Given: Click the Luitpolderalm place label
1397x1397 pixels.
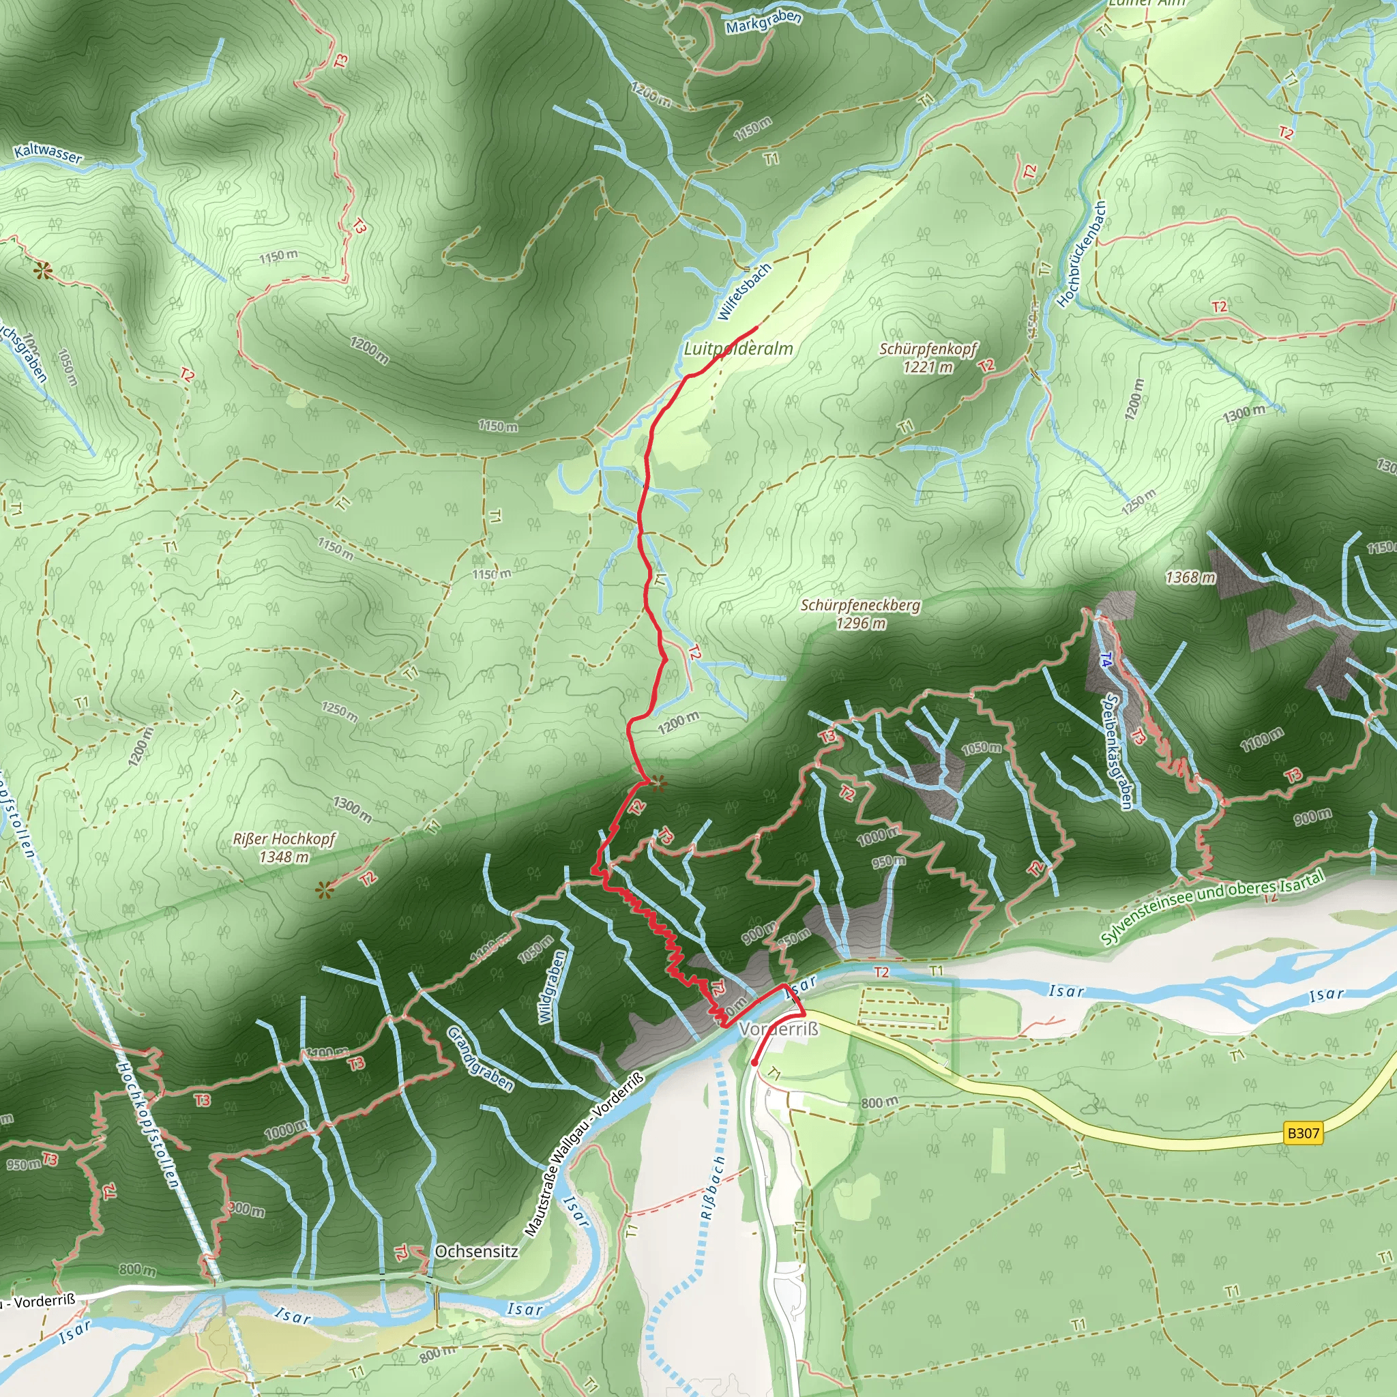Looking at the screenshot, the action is click(x=738, y=349).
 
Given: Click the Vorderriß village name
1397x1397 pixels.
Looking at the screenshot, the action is click(x=779, y=1028).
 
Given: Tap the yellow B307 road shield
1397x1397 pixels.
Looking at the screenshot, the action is click(x=1304, y=1133).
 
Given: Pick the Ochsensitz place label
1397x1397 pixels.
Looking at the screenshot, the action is click(x=477, y=1251).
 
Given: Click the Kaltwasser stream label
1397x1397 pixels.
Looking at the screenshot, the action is click(x=48, y=153).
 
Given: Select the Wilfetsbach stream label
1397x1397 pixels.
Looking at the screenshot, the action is click(x=745, y=291).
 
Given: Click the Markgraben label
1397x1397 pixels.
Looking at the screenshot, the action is click(x=763, y=22).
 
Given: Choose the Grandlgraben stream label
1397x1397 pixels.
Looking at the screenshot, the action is click(x=480, y=1059).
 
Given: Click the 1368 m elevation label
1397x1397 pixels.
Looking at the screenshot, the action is click(x=1190, y=577).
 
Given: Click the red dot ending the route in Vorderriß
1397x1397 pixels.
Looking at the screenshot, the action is click(x=754, y=1063).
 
